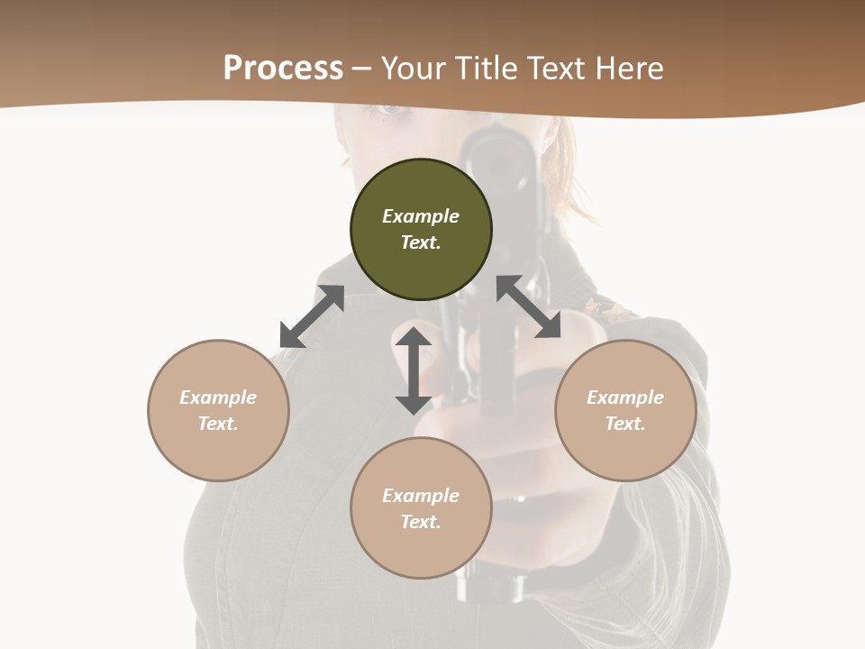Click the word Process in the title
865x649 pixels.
pos(283,69)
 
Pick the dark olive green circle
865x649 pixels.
pos(421,230)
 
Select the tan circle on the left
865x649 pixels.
pos(218,410)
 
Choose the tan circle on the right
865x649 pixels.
pos(625,410)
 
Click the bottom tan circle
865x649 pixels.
pos(421,508)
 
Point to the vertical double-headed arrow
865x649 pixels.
pos(414,370)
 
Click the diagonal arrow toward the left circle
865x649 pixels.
pos(312,316)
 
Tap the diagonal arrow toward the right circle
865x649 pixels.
pos(528,306)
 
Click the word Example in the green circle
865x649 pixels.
pos(421,216)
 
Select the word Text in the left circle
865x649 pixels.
pos(218,424)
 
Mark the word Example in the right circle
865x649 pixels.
pos(625,398)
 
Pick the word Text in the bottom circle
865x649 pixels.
pos(421,522)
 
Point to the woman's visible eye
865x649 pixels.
pos(390,110)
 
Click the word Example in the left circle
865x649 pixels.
pos(218,398)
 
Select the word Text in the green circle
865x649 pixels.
pos(421,242)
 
